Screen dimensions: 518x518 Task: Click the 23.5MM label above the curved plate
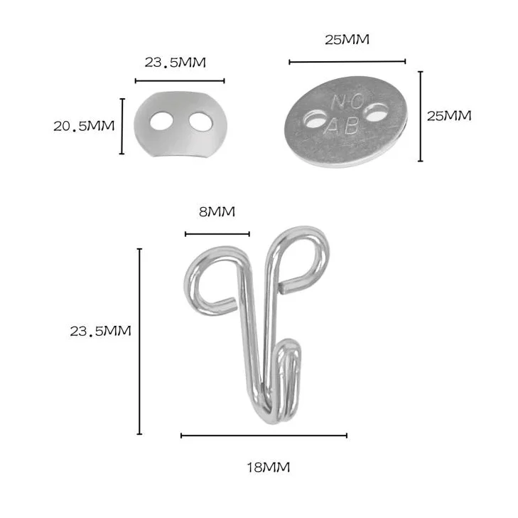click(175, 62)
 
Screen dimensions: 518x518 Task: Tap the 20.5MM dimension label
click(83, 126)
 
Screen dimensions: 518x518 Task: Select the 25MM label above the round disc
click(347, 40)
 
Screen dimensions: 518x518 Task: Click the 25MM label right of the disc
click(448, 115)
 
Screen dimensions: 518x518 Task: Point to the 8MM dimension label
click(216, 211)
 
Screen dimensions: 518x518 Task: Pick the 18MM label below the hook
click(268, 467)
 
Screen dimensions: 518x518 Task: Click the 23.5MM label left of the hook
click(100, 331)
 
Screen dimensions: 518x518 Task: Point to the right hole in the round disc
click(376, 111)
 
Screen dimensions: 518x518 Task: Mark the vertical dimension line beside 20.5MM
click(122, 126)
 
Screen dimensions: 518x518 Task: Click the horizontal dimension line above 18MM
click(264, 435)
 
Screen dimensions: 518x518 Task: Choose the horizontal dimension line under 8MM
click(217, 233)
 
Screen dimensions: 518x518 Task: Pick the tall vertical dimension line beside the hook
click(139, 341)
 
